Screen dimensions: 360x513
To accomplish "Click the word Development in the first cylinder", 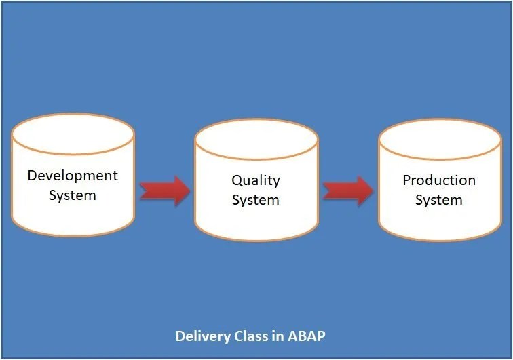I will (73, 176).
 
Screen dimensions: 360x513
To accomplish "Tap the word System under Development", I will (73, 195).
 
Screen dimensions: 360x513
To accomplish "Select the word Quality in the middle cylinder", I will (256, 180).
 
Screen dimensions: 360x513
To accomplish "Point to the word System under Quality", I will (256, 200).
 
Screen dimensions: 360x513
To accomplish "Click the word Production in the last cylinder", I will (439, 180).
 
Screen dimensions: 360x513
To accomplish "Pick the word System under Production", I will (439, 200).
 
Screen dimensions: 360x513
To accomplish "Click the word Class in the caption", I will (248, 336).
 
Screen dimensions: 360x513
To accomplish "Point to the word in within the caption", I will (275, 336).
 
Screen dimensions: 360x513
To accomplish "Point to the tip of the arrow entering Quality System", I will (189, 191).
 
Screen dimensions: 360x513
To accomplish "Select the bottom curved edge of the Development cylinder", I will (73, 235).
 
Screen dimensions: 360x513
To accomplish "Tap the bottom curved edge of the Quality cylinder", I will (256, 240).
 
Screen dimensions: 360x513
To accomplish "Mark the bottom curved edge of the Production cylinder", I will (439, 240).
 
